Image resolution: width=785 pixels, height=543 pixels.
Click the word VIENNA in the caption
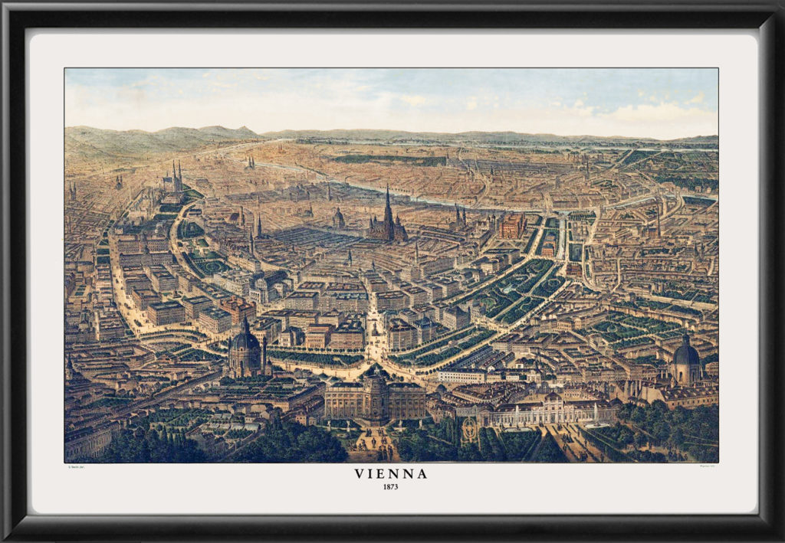click(x=391, y=473)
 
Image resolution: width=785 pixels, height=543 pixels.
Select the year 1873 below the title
click(x=391, y=486)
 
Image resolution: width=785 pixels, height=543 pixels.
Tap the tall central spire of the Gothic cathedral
click(x=388, y=201)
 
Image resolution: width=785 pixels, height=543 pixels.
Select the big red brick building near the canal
click(x=511, y=225)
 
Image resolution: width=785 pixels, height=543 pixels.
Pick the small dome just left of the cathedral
click(x=337, y=217)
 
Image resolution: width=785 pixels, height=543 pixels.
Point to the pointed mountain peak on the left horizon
click(x=244, y=130)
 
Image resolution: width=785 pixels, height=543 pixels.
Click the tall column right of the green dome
click(x=264, y=354)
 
